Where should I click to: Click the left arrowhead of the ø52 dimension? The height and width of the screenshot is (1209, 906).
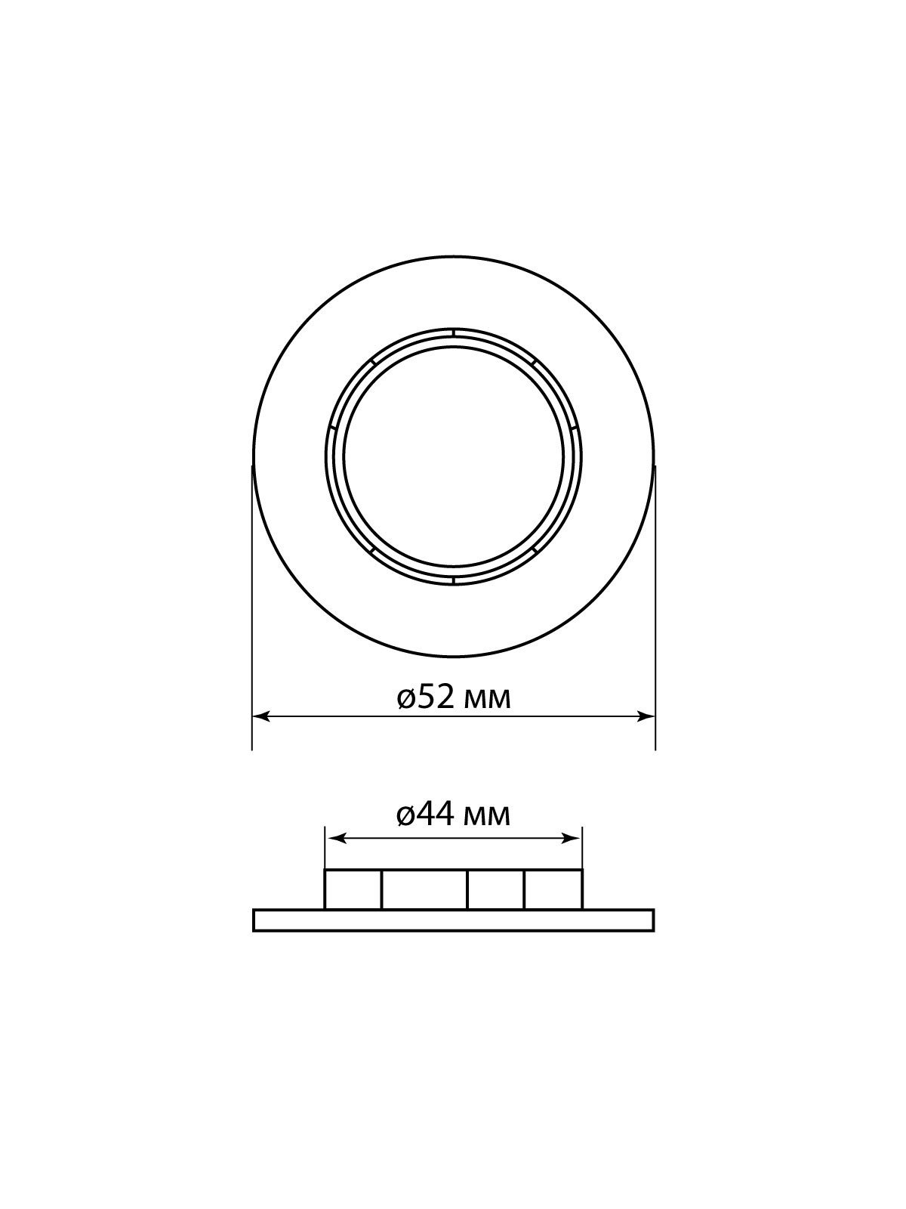(x=260, y=716)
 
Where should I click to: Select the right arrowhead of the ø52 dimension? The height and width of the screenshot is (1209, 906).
(x=646, y=716)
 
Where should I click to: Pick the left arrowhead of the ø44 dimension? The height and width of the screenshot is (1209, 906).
(x=336, y=854)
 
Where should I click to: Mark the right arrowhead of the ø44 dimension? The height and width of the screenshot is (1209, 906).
(x=571, y=854)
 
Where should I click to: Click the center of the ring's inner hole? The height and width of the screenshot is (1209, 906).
(x=453, y=456)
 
